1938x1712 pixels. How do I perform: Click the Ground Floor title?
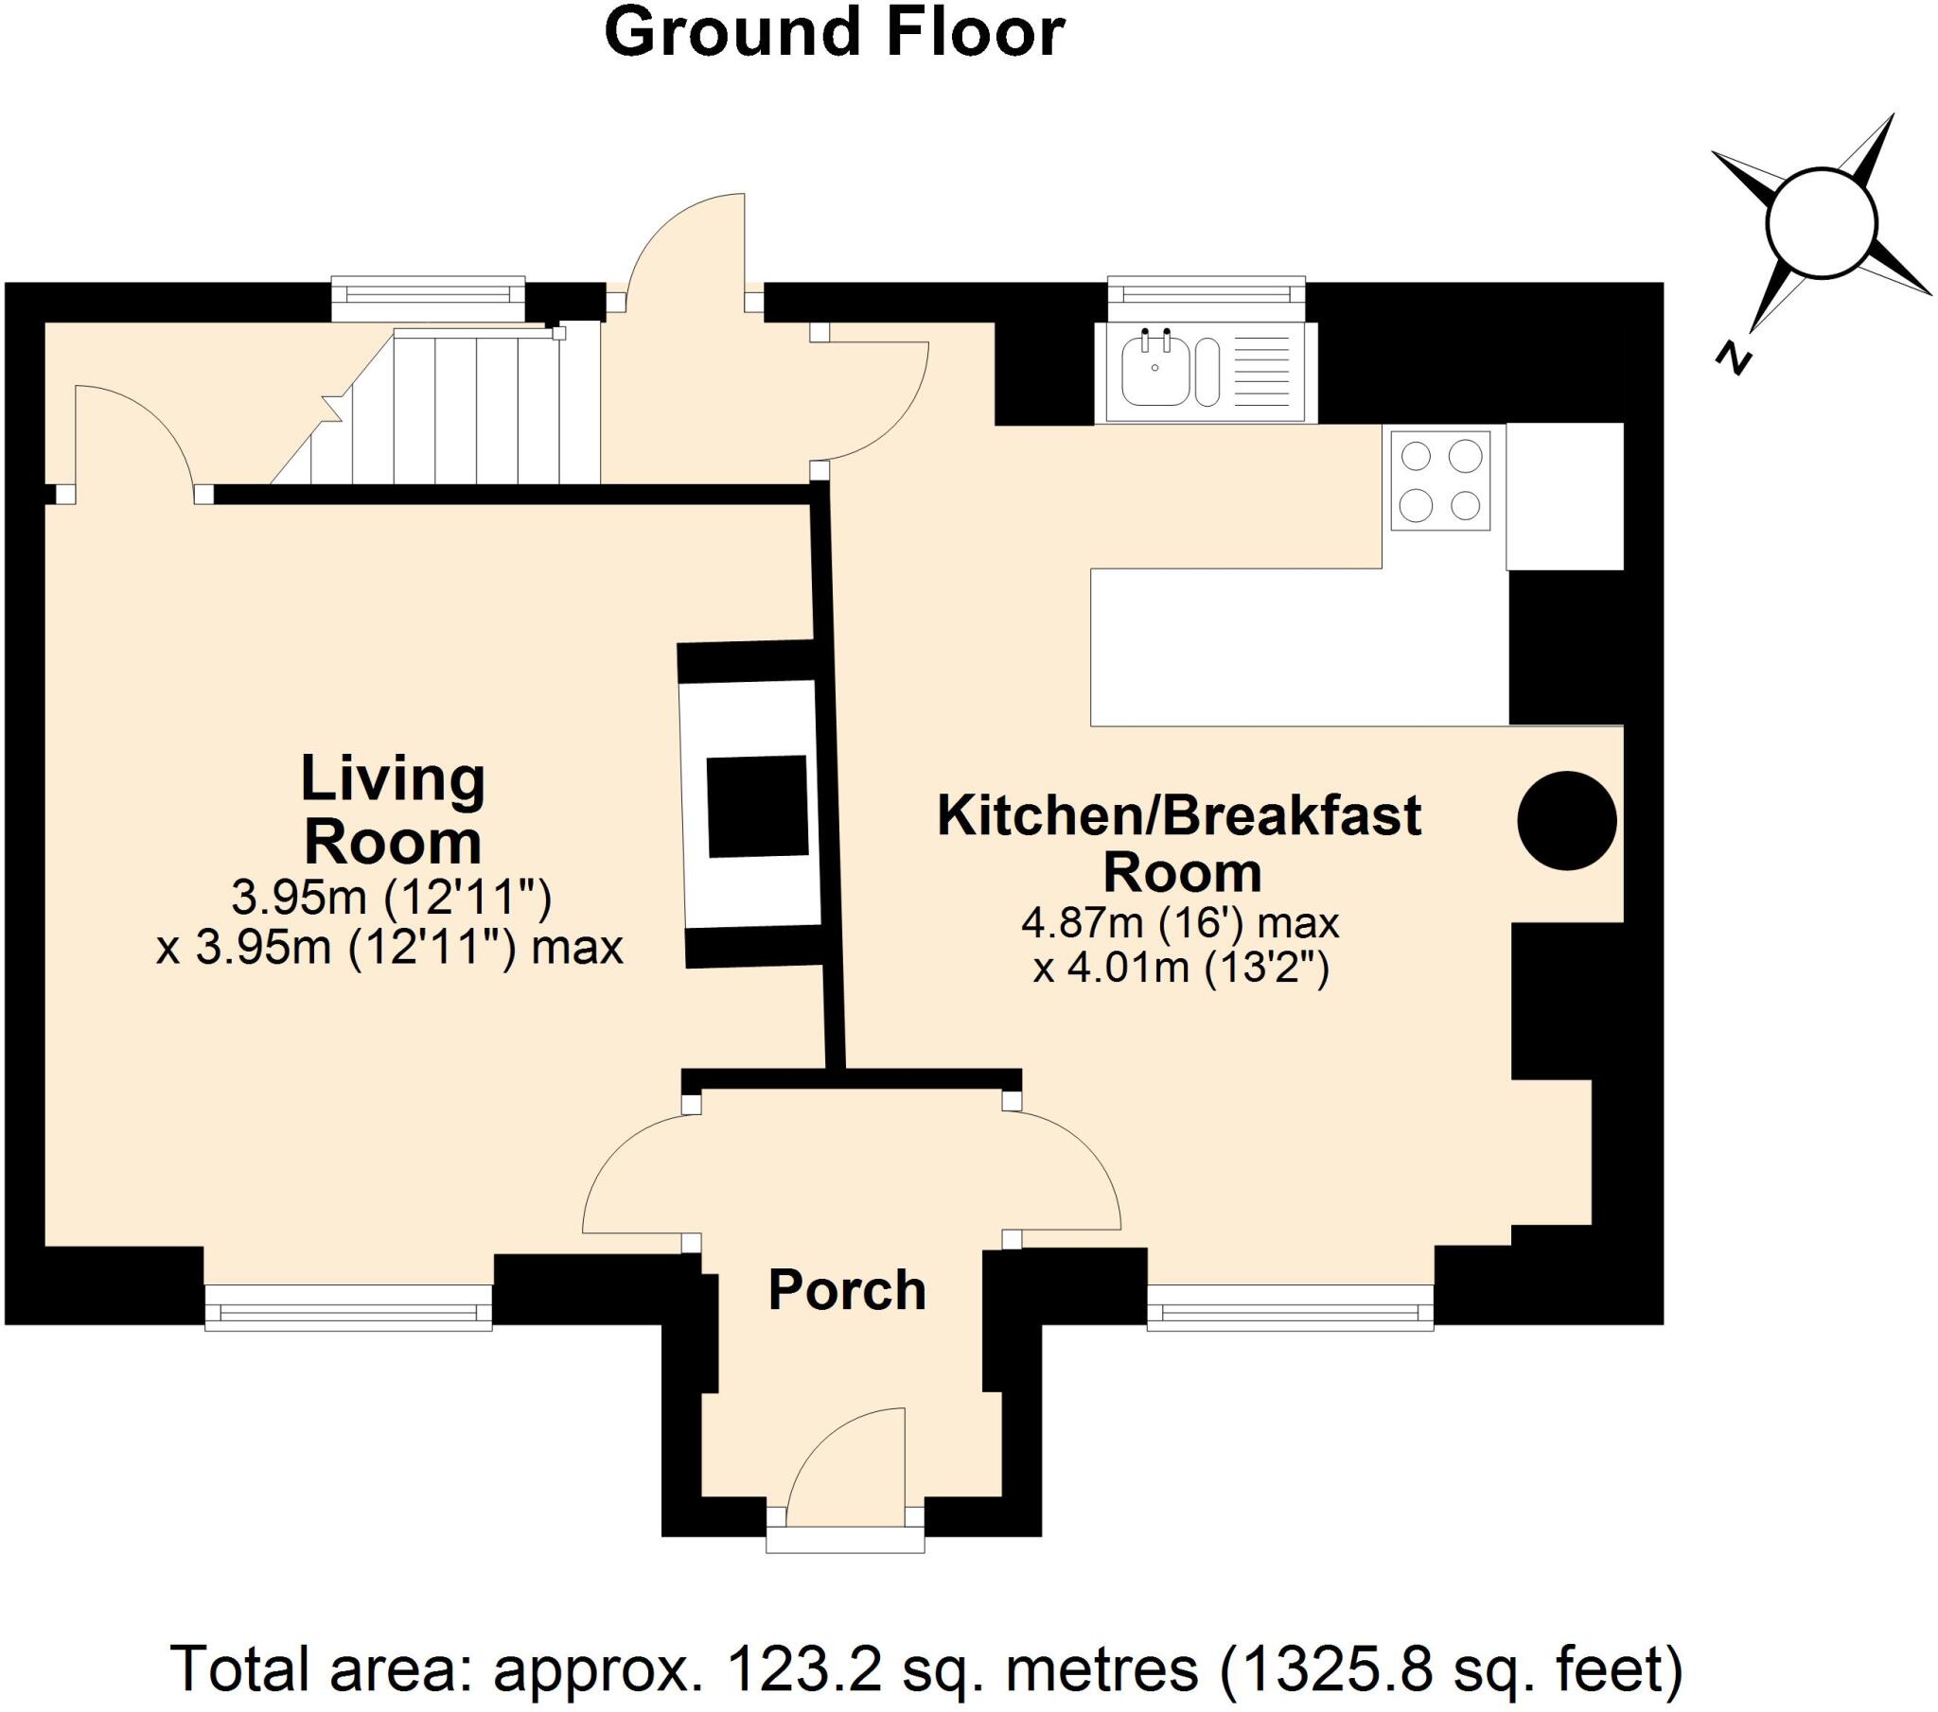(835, 34)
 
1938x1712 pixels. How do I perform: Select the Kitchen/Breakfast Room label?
(1179, 843)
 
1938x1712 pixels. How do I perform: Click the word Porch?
(847, 1290)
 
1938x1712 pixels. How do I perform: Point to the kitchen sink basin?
(1154, 372)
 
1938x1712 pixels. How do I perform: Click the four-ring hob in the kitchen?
(1440, 480)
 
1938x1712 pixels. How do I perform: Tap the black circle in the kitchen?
(1566, 821)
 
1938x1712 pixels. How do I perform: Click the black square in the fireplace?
(758, 807)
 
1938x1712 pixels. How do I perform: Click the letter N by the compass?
(1733, 358)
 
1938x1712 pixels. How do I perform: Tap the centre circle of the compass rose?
(1822, 224)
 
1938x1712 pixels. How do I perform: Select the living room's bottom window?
(349, 1309)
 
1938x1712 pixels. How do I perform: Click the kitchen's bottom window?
(1291, 1309)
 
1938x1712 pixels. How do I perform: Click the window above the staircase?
(428, 293)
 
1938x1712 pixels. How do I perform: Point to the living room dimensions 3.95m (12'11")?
(391, 897)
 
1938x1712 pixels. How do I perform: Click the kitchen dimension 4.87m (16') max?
(1179, 922)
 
